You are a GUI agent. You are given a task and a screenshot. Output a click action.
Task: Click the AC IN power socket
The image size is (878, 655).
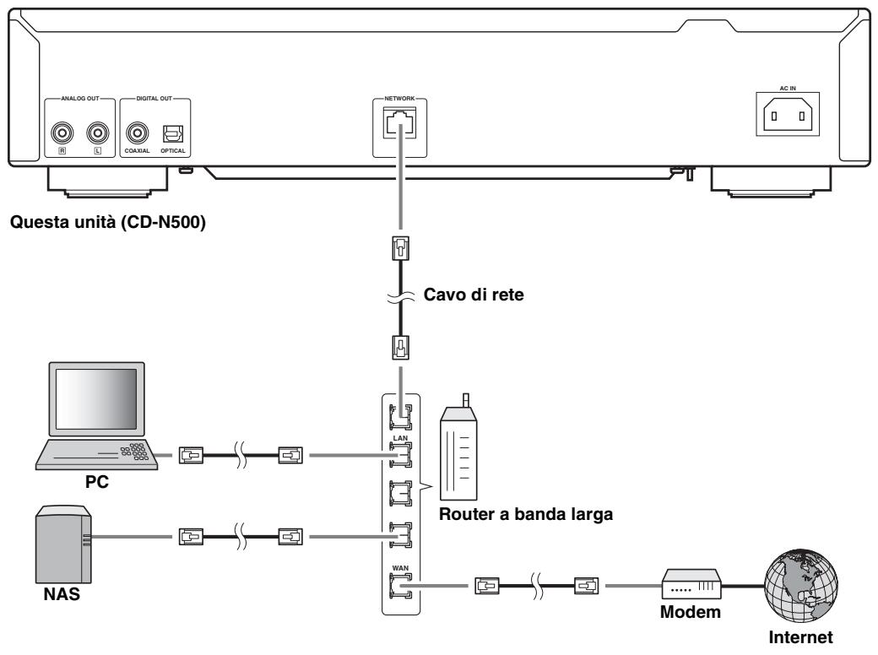coord(788,116)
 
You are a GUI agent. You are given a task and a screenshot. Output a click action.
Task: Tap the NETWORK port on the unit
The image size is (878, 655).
coord(400,123)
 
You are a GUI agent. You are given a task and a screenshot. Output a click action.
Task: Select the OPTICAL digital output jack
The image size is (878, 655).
coord(172,134)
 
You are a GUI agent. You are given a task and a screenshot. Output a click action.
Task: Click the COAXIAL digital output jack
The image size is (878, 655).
coord(137,133)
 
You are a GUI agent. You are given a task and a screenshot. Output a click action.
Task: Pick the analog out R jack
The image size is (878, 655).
coord(62,133)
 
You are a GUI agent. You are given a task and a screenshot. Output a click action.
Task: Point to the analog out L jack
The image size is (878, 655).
coord(98,133)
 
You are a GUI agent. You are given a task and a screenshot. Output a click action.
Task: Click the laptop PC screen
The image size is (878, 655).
coord(96,399)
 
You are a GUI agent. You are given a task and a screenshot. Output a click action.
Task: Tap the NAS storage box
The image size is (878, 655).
coord(63,544)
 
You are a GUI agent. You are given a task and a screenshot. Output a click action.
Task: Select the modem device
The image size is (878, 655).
coord(691,584)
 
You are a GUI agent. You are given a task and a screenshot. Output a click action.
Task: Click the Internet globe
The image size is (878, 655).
coord(800,585)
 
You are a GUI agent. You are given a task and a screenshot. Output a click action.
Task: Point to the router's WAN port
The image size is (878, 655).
coord(400,586)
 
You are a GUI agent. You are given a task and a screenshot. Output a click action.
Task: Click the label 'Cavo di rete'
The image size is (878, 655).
coord(474,295)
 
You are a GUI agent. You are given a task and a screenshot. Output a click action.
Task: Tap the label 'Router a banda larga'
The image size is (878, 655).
coord(526,514)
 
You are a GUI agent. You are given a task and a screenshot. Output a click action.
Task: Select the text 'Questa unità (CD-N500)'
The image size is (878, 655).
coord(108,222)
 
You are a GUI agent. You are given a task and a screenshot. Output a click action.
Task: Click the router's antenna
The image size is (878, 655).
coord(465,400)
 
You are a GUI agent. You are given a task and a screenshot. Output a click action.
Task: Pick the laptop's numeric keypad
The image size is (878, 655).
coord(135,452)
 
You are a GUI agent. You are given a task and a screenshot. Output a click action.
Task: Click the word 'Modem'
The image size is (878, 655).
coord(691,612)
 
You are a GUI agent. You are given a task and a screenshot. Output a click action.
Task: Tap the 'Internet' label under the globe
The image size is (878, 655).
coord(800,637)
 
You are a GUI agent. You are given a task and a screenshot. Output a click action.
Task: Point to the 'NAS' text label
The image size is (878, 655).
coord(62,594)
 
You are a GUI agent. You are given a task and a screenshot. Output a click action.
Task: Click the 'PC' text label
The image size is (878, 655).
coord(97,481)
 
